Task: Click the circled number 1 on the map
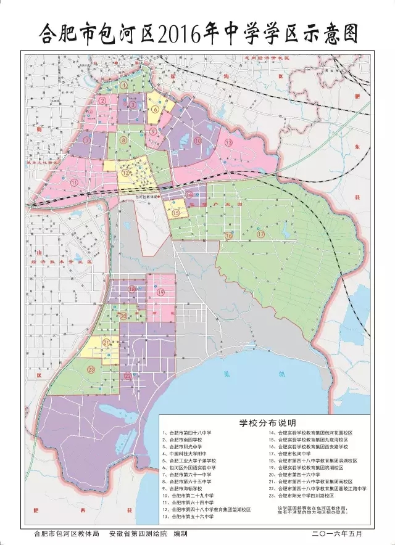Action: click(123, 85)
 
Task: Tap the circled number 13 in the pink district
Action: click(228, 142)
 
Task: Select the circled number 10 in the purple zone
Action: click(197, 141)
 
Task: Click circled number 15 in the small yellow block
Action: click(176, 213)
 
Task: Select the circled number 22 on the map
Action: click(127, 375)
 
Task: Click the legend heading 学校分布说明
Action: click(267, 424)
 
